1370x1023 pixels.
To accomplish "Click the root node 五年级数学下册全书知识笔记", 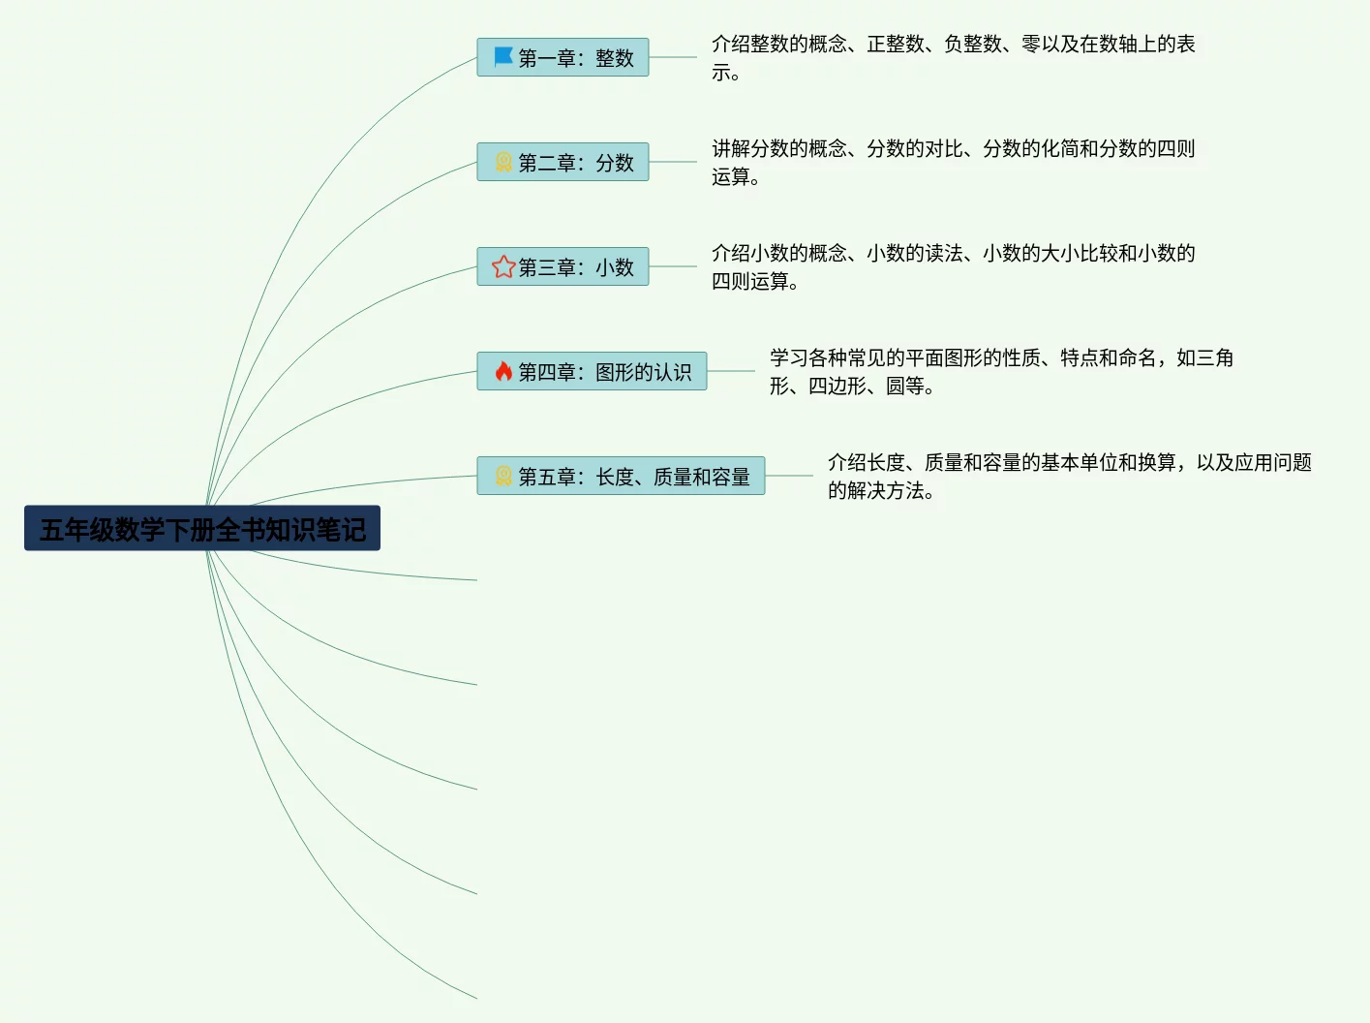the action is point(202,529).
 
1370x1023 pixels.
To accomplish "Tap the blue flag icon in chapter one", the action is point(503,57).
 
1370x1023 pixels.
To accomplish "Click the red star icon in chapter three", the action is point(503,266).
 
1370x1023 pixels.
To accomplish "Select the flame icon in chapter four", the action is point(503,371).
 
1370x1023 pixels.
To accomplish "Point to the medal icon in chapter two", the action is point(503,162).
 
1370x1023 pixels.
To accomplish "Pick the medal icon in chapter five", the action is point(503,476).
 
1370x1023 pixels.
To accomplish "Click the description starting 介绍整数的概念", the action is point(953,57).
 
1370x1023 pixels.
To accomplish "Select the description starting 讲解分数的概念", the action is point(953,162).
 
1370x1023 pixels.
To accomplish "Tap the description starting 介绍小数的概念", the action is point(953,266).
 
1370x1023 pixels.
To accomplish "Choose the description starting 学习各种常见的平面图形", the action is point(1001,371).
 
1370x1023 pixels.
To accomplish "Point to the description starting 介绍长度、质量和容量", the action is point(1069,476).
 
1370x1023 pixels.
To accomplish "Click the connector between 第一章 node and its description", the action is point(673,57).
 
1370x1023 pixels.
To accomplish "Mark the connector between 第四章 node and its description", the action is point(731,371).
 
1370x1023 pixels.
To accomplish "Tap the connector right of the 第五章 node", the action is point(789,476).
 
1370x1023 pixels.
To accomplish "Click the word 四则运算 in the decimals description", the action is point(750,282).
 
